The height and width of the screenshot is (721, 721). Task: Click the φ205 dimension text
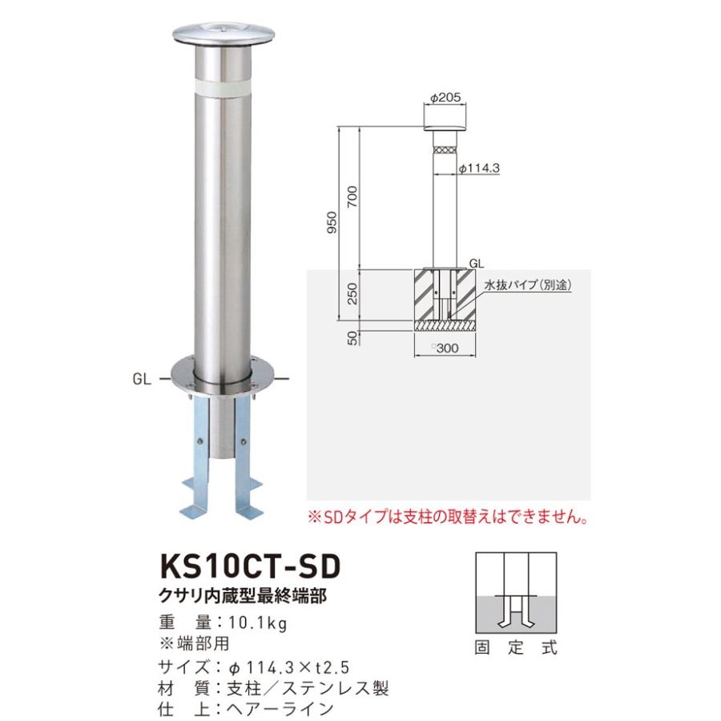(x=443, y=98)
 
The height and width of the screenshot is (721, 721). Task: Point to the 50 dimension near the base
(x=352, y=337)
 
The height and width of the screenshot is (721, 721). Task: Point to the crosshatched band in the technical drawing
(x=444, y=149)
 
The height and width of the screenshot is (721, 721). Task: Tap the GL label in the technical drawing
(x=476, y=262)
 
